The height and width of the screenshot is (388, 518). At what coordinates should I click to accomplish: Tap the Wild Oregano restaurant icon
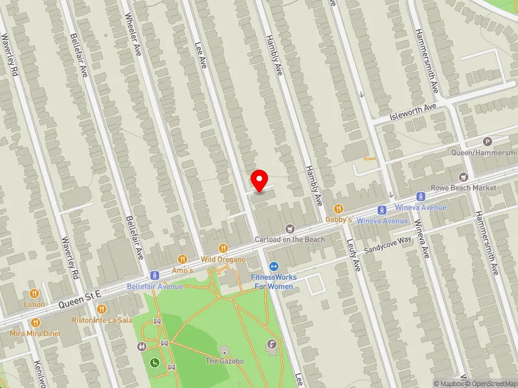coord(223,247)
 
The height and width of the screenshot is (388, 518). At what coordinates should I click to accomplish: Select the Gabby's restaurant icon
coord(338,208)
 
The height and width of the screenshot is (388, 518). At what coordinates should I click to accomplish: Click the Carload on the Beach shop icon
coord(289,228)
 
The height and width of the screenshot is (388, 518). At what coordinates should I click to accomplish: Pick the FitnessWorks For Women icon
coord(274,266)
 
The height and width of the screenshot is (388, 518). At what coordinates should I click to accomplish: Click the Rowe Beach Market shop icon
coord(463,177)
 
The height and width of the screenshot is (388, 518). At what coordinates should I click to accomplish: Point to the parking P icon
coord(488,142)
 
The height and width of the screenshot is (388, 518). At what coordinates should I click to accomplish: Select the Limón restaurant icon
coord(35,293)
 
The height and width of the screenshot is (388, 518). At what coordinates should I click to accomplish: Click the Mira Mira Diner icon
coord(35,322)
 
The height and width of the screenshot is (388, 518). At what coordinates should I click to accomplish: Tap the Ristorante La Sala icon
coord(101,309)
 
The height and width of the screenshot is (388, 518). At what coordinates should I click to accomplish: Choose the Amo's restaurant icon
coord(183,259)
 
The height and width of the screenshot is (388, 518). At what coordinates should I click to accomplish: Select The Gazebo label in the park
coord(224,361)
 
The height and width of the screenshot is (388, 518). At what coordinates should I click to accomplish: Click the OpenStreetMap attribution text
coord(490,383)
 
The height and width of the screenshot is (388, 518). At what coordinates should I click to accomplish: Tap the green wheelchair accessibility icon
coord(155,363)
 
